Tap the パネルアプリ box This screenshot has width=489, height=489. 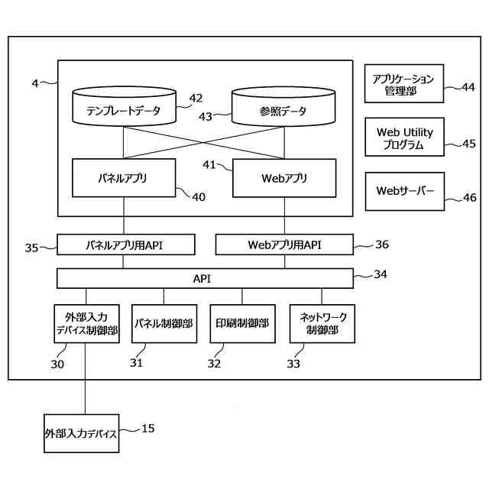[124, 178]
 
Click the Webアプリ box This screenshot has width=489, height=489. [283, 178]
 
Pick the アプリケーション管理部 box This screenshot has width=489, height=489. [403, 84]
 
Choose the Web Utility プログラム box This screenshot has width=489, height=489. [403, 138]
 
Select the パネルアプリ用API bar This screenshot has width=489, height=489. [126, 245]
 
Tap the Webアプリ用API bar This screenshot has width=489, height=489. [284, 245]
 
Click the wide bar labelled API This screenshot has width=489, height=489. [205, 278]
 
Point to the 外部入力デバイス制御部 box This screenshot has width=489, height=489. [86, 324]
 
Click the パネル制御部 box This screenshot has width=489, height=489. [164, 324]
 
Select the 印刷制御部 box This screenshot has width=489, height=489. [242, 324]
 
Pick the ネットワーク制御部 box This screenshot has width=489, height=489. [321, 324]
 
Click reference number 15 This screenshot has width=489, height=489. [148, 429]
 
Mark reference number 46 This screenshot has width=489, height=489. [469, 198]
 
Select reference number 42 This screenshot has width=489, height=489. [196, 98]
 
